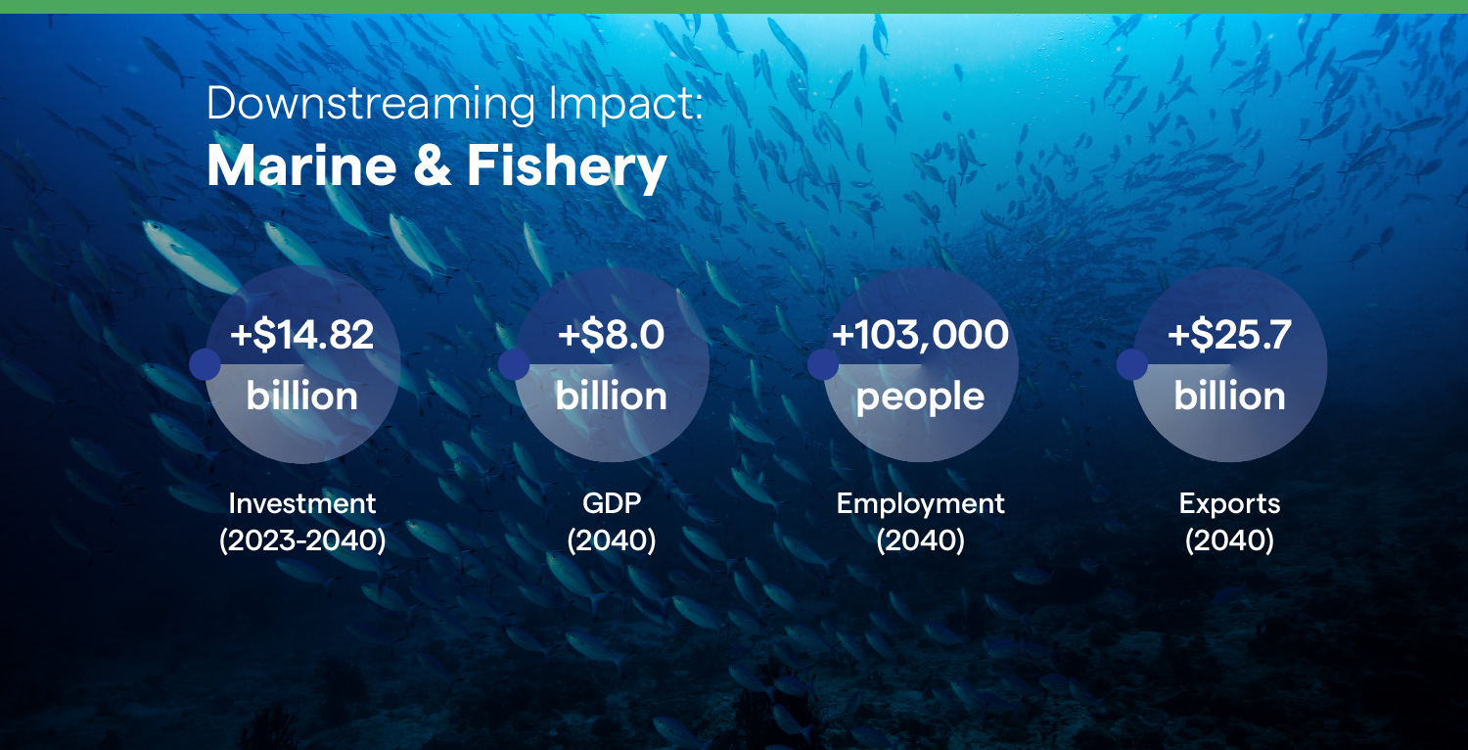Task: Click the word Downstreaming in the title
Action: coord(371,105)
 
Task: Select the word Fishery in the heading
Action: coord(567,167)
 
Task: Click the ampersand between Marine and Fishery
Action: coord(433,165)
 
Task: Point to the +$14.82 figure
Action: coord(302,334)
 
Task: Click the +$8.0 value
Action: coord(612,334)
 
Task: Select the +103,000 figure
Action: coord(920,335)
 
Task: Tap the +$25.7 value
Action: coord(1229,334)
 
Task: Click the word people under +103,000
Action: coord(920,398)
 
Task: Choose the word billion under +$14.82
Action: coord(302,396)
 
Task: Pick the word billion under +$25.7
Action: coord(1229,396)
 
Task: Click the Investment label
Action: coord(302,503)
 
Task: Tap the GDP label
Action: coord(612,503)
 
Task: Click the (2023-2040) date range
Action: coord(302,540)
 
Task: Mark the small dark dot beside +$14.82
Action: coord(206,364)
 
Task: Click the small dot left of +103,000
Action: coord(823,364)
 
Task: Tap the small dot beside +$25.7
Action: coord(1131,364)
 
